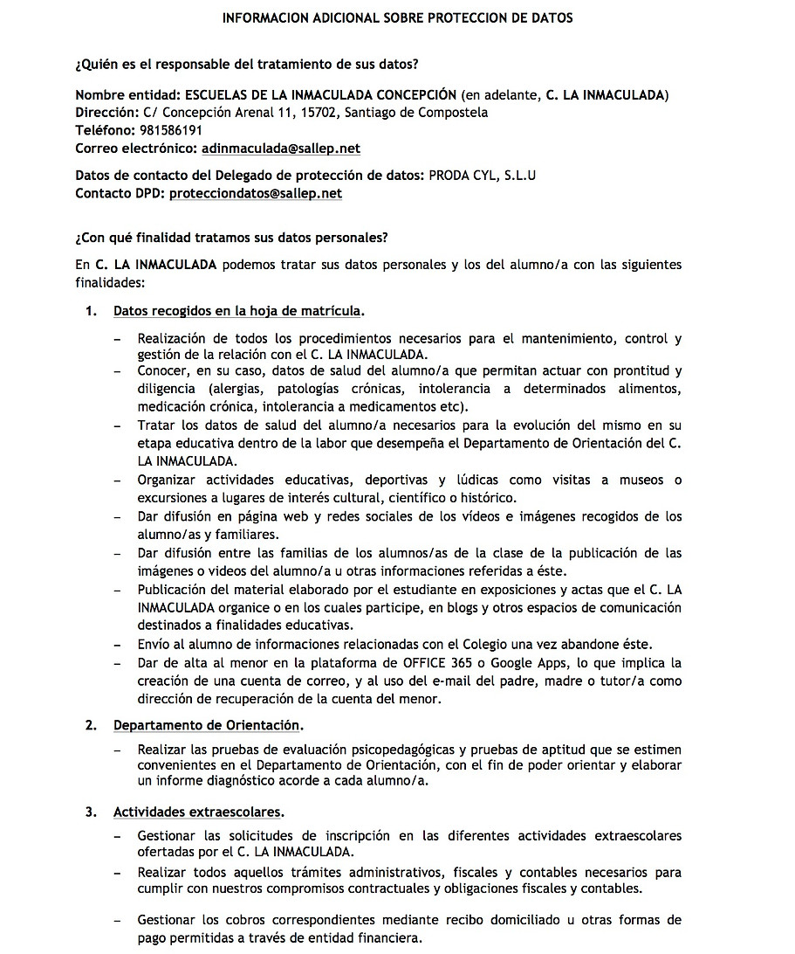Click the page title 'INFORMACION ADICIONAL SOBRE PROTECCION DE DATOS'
(397, 17)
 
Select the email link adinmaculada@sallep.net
(280, 149)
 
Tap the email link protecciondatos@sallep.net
(255, 193)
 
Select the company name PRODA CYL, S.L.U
(482, 176)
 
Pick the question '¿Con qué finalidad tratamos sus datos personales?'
(231, 238)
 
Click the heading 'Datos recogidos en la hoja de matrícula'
(237, 311)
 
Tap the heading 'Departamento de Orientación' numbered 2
(207, 725)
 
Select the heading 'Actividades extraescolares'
(198, 812)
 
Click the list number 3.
(90, 812)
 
